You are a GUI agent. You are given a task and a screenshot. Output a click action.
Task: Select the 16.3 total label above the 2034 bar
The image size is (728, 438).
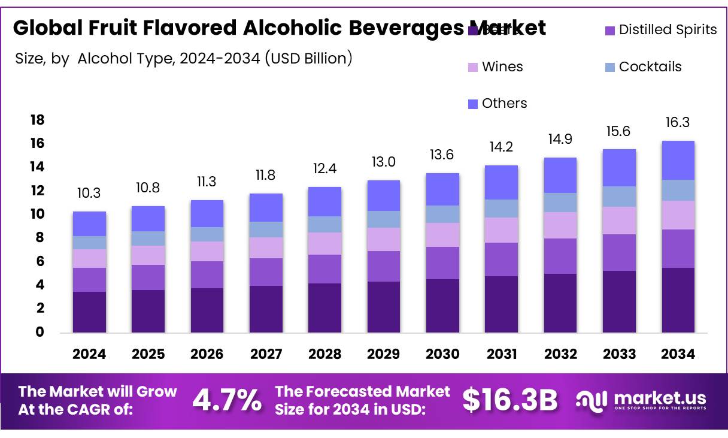(678, 122)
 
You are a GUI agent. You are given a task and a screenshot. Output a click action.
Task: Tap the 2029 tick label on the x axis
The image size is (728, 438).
(383, 354)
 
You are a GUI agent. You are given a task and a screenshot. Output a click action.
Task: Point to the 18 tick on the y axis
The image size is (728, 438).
(37, 120)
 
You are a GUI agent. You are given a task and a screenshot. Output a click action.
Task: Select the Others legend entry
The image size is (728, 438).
(497, 103)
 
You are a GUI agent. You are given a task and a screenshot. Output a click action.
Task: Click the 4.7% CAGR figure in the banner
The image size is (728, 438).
(226, 400)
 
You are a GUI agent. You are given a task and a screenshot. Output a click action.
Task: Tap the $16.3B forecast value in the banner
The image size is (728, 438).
(510, 400)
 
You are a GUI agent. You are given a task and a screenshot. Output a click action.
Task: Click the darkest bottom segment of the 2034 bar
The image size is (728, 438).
(678, 300)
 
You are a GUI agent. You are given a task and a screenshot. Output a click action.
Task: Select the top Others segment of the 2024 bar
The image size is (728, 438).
(89, 223)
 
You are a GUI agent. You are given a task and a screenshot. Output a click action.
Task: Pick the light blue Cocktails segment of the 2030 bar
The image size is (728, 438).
(442, 214)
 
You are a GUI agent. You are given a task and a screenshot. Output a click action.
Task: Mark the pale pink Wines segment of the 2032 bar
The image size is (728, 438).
(560, 225)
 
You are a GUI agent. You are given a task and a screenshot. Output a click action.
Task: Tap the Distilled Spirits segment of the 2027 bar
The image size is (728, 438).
(266, 271)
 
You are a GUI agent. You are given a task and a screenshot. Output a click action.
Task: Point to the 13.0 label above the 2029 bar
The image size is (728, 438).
(383, 161)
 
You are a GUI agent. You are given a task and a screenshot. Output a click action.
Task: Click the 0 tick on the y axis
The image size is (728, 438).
(40, 332)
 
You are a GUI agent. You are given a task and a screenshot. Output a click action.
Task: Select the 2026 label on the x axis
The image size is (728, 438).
(207, 354)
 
